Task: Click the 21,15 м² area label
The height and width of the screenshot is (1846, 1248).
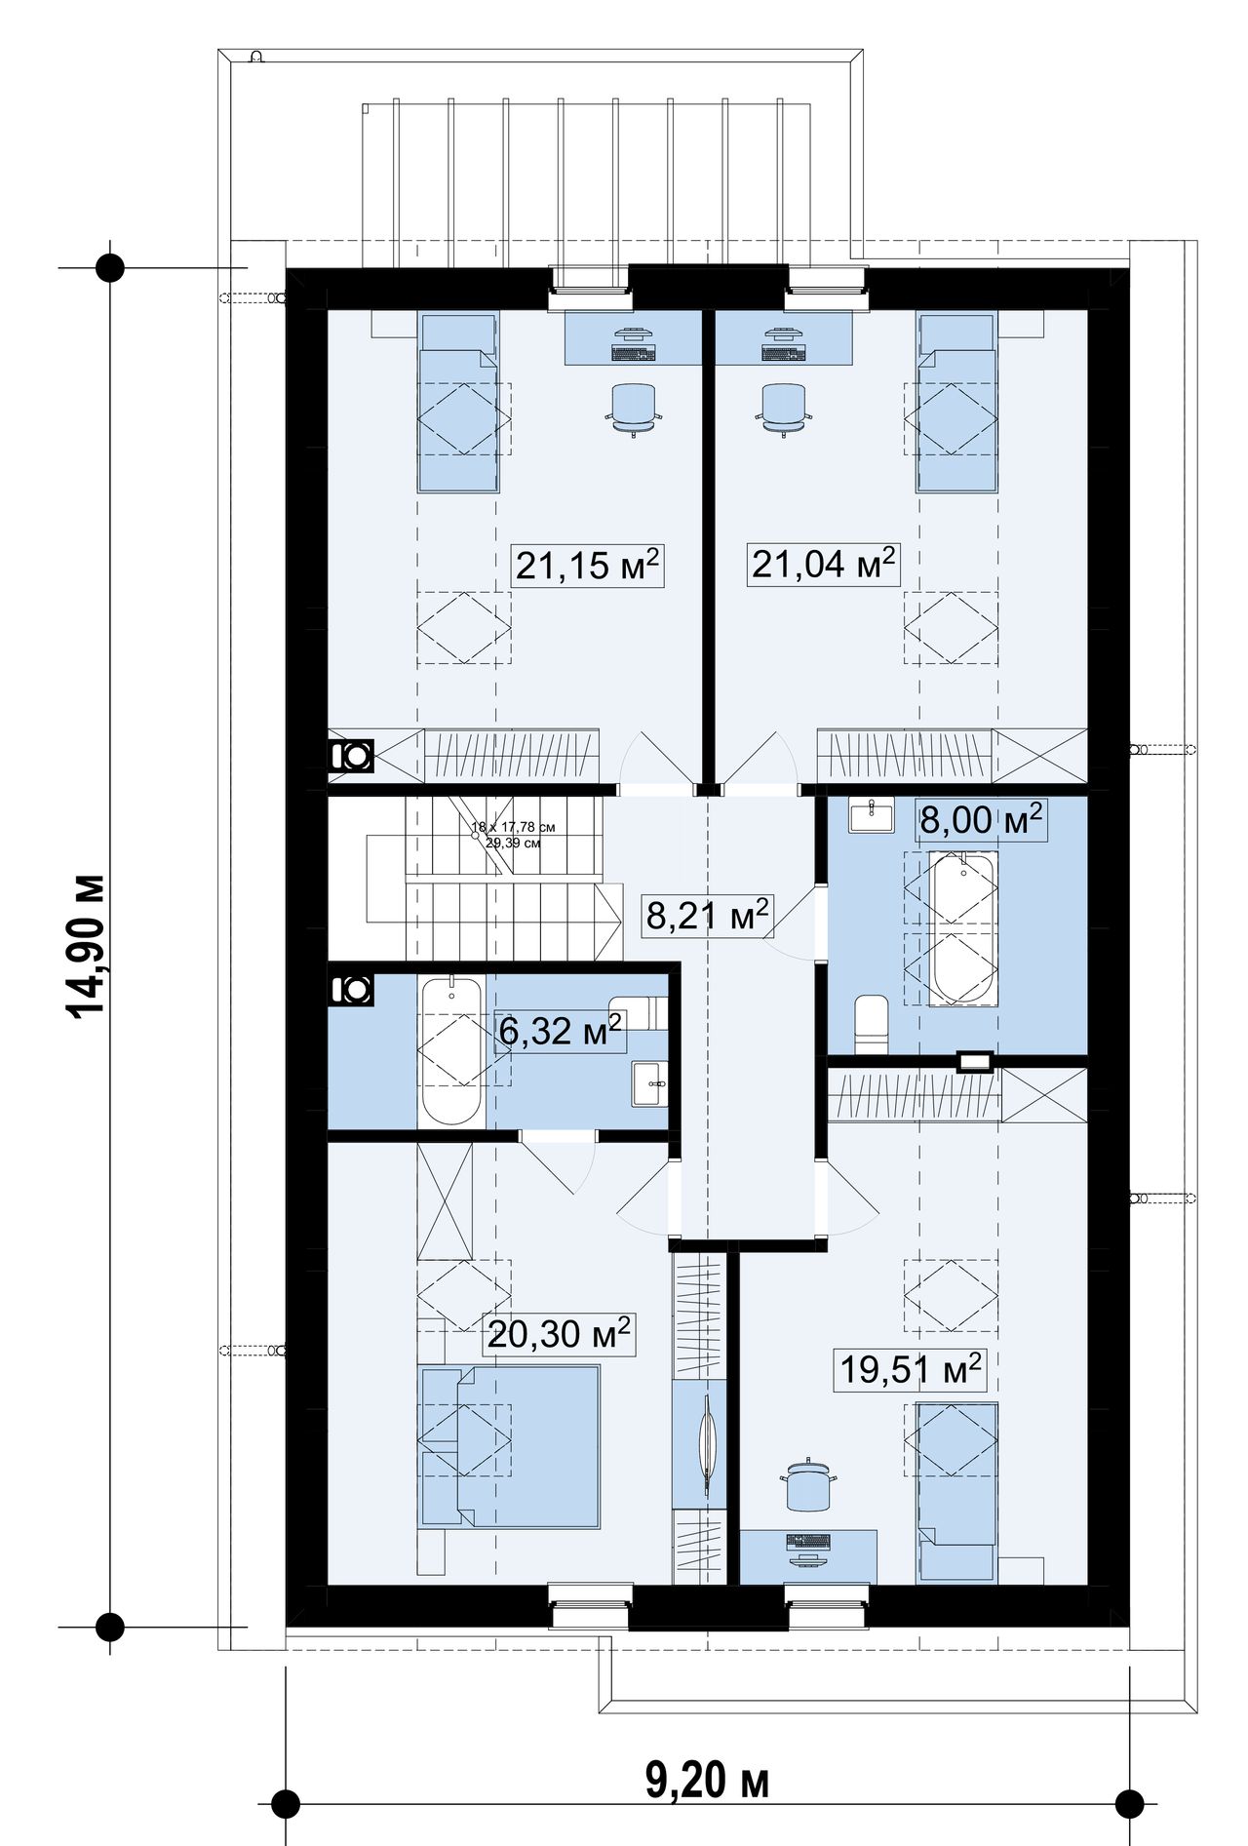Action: click(588, 565)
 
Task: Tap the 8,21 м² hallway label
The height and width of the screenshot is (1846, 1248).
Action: click(708, 916)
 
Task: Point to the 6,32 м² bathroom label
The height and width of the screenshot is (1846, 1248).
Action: click(560, 1031)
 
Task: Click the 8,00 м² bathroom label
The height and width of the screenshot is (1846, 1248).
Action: click(981, 820)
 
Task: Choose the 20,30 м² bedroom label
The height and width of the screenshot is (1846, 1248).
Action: click(559, 1333)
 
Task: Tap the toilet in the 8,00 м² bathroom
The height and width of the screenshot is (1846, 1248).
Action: click(871, 1023)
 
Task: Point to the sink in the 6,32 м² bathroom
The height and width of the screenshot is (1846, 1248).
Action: click(649, 1083)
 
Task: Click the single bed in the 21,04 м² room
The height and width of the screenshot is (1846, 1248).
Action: click(956, 402)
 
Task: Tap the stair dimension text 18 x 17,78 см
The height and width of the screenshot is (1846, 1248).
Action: click(513, 827)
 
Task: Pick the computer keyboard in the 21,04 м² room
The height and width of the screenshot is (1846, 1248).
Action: click(785, 351)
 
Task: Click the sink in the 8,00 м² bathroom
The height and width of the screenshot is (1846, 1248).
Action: click(871, 814)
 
